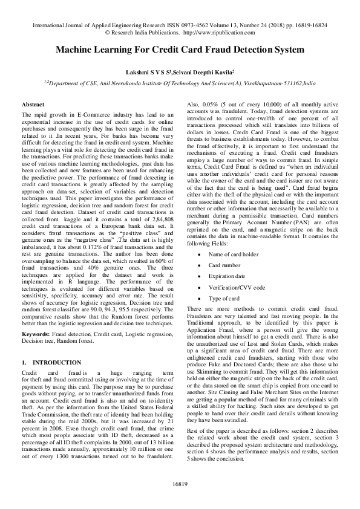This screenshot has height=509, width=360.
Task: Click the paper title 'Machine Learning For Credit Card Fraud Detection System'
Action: (x=180, y=53)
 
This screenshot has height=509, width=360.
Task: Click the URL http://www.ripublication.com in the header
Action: (x=217, y=34)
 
